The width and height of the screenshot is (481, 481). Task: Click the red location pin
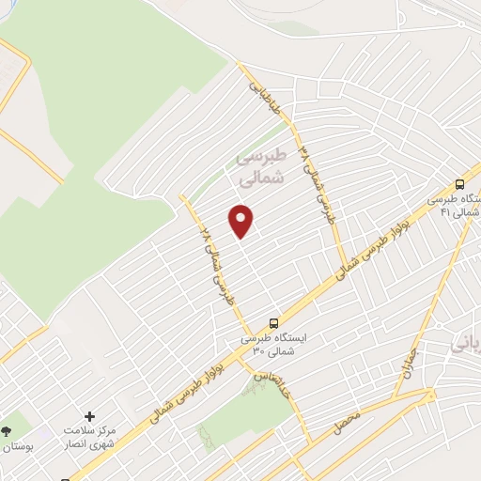(x=242, y=219)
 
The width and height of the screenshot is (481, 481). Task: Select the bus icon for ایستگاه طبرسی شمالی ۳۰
(x=273, y=320)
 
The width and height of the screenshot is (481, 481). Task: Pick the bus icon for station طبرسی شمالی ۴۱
(x=460, y=184)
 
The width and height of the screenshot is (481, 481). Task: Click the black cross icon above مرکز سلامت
(x=90, y=416)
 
